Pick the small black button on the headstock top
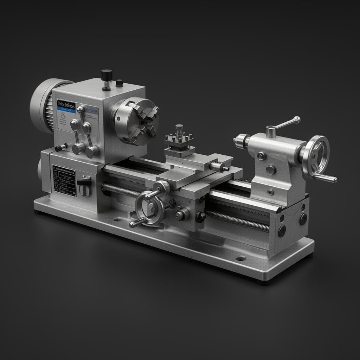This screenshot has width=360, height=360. (119, 83)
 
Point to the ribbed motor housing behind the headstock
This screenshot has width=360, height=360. (46, 105)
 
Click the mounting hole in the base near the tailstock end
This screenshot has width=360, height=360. (240, 258)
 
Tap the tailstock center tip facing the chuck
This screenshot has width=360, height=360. (235, 141)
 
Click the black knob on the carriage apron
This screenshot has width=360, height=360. (200, 217)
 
